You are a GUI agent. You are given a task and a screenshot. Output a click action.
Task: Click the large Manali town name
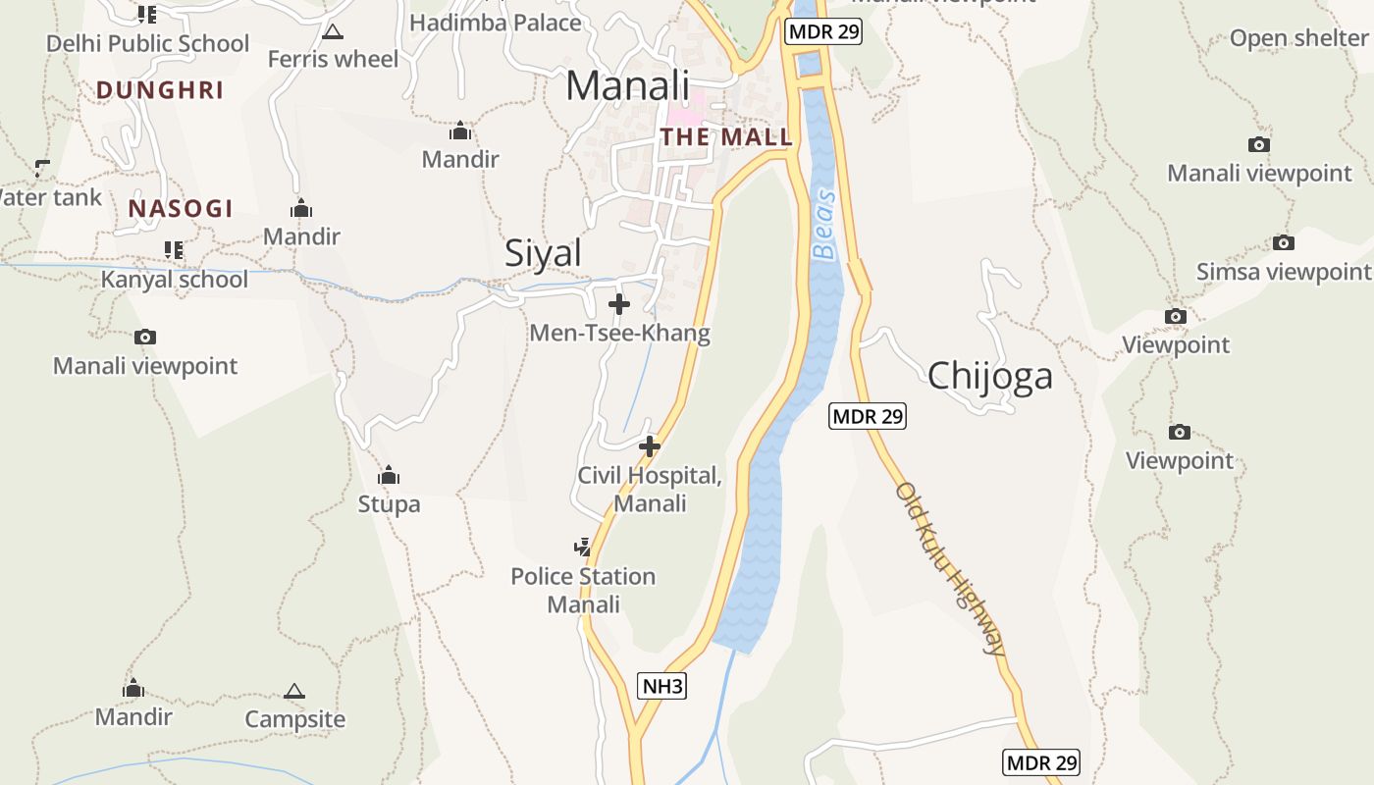(628, 85)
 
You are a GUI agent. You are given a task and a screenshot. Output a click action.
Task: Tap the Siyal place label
(543, 253)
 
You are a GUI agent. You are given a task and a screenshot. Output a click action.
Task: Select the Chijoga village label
(989, 375)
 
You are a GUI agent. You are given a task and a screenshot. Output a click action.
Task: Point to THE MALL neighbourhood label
(726, 136)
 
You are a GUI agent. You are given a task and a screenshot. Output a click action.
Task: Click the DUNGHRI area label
(160, 90)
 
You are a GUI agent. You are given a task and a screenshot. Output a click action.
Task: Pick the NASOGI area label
(181, 208)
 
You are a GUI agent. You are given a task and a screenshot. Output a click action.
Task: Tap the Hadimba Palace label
(496, 22)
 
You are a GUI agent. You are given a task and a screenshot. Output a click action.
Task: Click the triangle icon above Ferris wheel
(333, 31)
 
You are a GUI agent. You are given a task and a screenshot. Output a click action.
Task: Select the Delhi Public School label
(148, 43)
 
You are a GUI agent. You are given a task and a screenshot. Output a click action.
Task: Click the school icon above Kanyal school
(174, 250)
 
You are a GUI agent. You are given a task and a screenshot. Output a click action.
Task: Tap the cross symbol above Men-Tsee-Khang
(619, 304)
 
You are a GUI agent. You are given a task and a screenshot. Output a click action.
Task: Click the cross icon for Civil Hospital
(650, 447)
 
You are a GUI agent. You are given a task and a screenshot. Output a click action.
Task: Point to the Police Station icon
(583, 547)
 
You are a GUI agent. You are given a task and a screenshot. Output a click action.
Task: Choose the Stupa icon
(389, 477)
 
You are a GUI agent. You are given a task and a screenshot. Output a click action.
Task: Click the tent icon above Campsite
(294, 692)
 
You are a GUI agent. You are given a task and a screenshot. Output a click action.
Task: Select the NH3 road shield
(662, 686)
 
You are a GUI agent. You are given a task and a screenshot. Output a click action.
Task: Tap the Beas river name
(825, 224)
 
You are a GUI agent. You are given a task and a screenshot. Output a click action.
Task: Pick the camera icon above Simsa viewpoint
(1283, 243)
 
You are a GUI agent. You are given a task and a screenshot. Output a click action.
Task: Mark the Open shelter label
(1298, 38)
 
